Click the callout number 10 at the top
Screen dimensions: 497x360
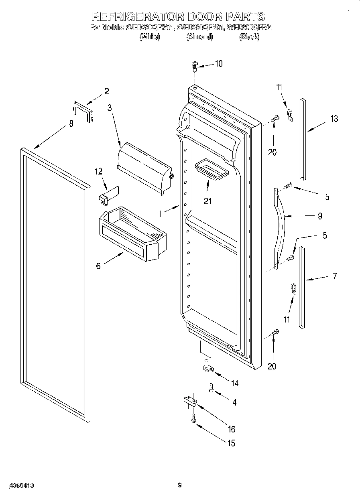pos(218,63)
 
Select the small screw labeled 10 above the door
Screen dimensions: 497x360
pos(195,65)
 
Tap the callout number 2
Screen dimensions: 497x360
pos(106,91)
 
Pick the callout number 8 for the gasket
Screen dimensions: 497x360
pos(71,124)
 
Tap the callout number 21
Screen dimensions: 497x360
pos(207,201)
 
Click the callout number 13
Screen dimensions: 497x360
pos(334,119)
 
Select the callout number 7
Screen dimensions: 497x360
pos(335,276)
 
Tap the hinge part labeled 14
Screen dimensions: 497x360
pos(209,367)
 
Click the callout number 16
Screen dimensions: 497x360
pos(231,430)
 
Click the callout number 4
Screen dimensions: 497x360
pos(234,402)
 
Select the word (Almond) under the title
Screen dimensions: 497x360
pos(199,37)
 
